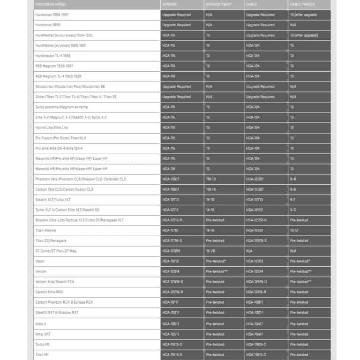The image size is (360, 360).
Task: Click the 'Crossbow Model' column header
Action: (49, 5)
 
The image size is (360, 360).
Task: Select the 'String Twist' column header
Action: (218, 5)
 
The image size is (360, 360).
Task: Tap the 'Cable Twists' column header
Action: (302, 5)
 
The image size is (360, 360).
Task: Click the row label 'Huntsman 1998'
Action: (48, 25)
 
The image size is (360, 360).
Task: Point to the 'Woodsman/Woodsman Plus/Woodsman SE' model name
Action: (70, 87)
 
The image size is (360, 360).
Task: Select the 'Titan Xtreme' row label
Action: (46, 231)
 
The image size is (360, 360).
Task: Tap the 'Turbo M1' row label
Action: (44, 345)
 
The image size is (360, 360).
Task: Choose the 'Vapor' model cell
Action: (40, 261)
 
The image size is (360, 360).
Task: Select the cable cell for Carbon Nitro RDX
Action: (256, 292)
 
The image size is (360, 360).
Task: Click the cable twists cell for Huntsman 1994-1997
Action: (303, 15)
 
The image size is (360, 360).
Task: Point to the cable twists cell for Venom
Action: (301, 271)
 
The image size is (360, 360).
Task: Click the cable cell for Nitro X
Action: (254, 324)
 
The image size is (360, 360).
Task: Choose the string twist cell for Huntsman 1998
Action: (209, 25)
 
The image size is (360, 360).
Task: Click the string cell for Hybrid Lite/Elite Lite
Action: (169, 127)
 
